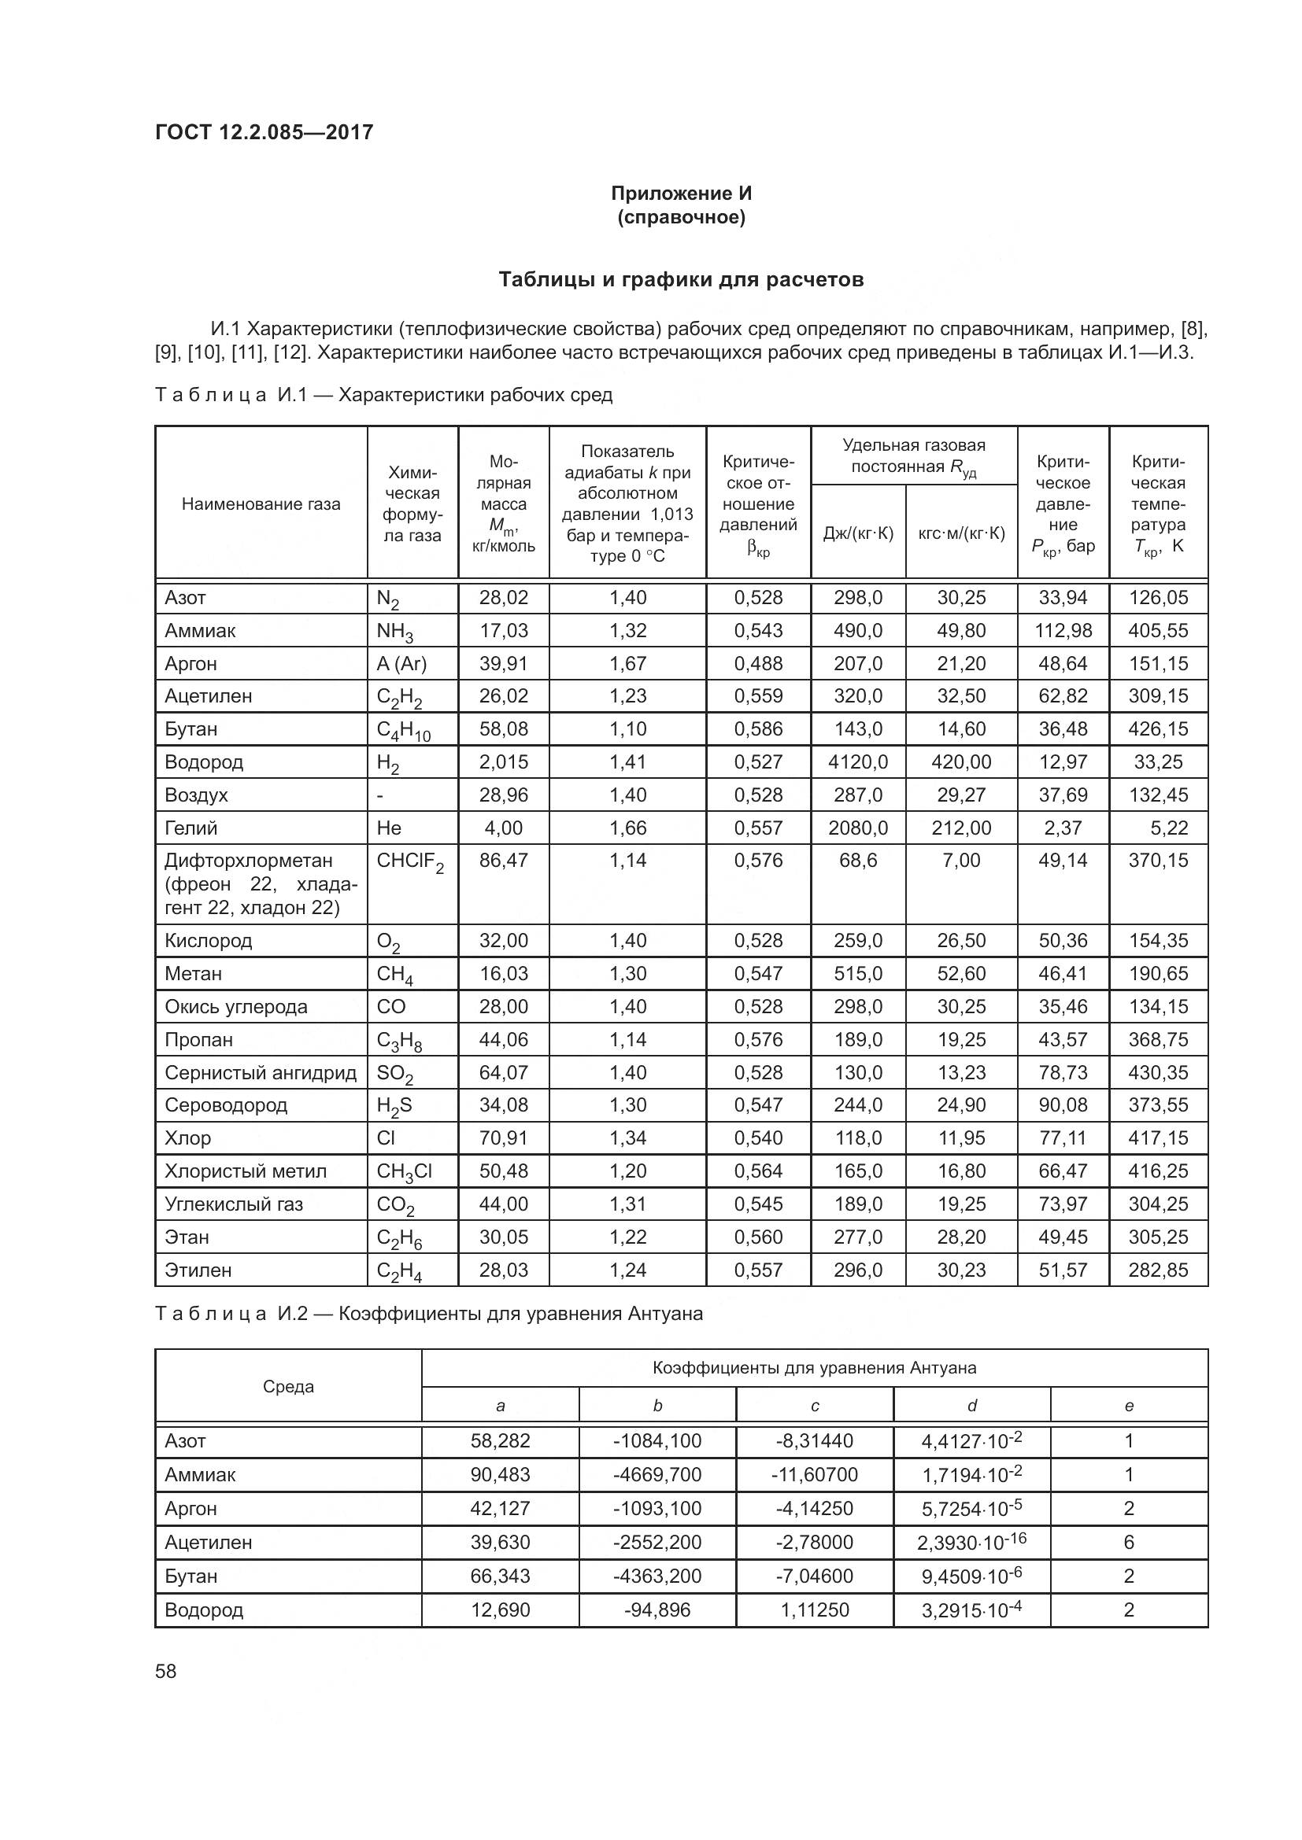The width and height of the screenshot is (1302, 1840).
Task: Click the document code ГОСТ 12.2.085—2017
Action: [264, 132]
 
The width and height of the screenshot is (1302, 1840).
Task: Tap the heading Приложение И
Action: [681, 194]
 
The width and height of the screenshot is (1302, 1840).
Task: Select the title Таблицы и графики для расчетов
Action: [681, 280]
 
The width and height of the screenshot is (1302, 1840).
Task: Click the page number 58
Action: [166, 1671]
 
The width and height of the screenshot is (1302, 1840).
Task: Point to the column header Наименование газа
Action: [261, 504]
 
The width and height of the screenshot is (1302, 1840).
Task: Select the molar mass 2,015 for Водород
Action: [504, 761]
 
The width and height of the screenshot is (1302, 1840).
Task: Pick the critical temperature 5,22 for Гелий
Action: [1169, 828]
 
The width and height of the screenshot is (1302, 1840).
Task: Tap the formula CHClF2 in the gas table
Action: [409, 862]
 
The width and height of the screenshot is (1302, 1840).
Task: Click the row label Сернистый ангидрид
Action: [261, 1072]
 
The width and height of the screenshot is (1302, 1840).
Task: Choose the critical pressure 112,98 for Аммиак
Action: [1063, 631]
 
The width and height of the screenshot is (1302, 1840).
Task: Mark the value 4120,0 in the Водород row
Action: [858, 761]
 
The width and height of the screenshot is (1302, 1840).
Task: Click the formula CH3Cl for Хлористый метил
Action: [404, 1171]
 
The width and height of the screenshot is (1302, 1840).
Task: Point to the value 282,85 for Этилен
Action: [1158, 1270]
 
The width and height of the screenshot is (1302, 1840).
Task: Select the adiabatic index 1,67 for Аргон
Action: [627, 664]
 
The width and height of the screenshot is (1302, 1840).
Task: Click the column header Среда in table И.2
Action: [288, 1386]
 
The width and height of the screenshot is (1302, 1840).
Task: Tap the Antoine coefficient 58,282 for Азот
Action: [501, 1441]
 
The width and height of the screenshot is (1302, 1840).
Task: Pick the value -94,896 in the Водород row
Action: [657, 1610]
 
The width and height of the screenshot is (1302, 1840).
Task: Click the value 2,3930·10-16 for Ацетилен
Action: [971, 1542]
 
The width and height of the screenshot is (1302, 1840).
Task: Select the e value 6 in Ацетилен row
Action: [1129, 1542]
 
